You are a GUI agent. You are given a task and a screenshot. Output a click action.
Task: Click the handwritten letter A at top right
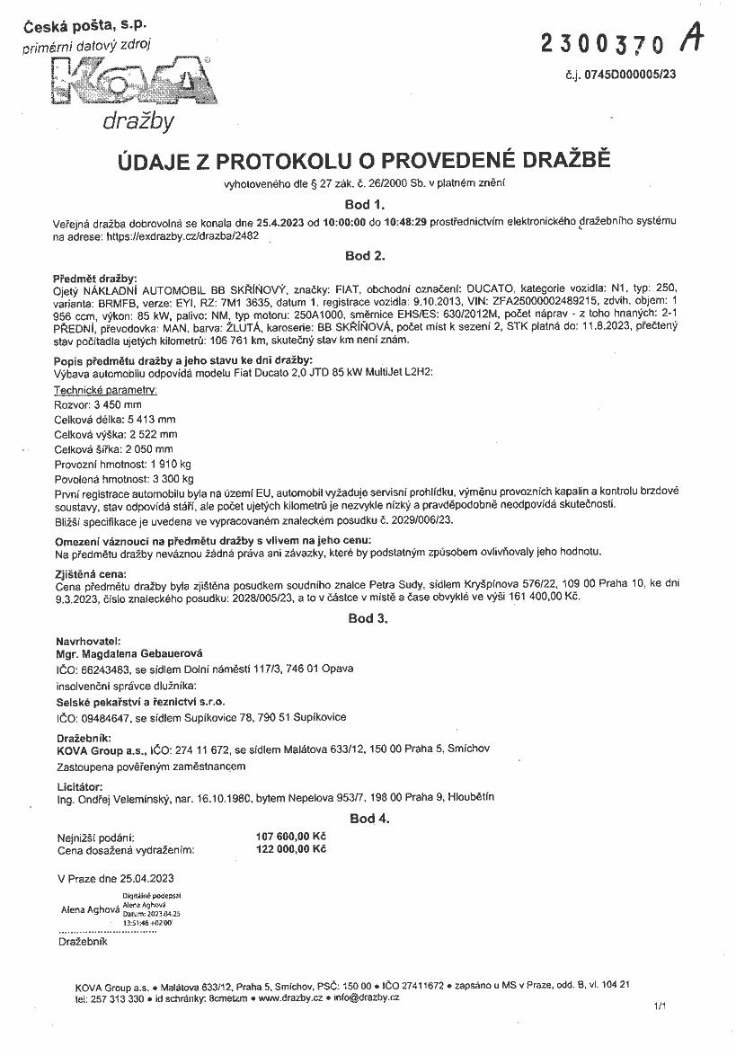point(692,38)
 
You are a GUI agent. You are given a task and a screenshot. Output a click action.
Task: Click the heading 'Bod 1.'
point(365,204)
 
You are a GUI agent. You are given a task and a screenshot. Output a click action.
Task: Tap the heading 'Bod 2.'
point(365,255)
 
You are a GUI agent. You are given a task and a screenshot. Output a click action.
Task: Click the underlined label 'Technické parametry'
point(106,390)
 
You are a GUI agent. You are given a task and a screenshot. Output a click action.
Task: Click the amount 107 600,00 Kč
point(291,836)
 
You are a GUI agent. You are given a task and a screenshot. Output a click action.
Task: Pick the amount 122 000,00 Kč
point(291,848)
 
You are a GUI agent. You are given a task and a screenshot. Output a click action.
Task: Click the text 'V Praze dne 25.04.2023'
point(116,878)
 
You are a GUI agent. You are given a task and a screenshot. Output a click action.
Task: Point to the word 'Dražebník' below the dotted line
point(83,942)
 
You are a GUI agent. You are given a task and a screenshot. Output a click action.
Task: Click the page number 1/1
point(661,1008)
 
